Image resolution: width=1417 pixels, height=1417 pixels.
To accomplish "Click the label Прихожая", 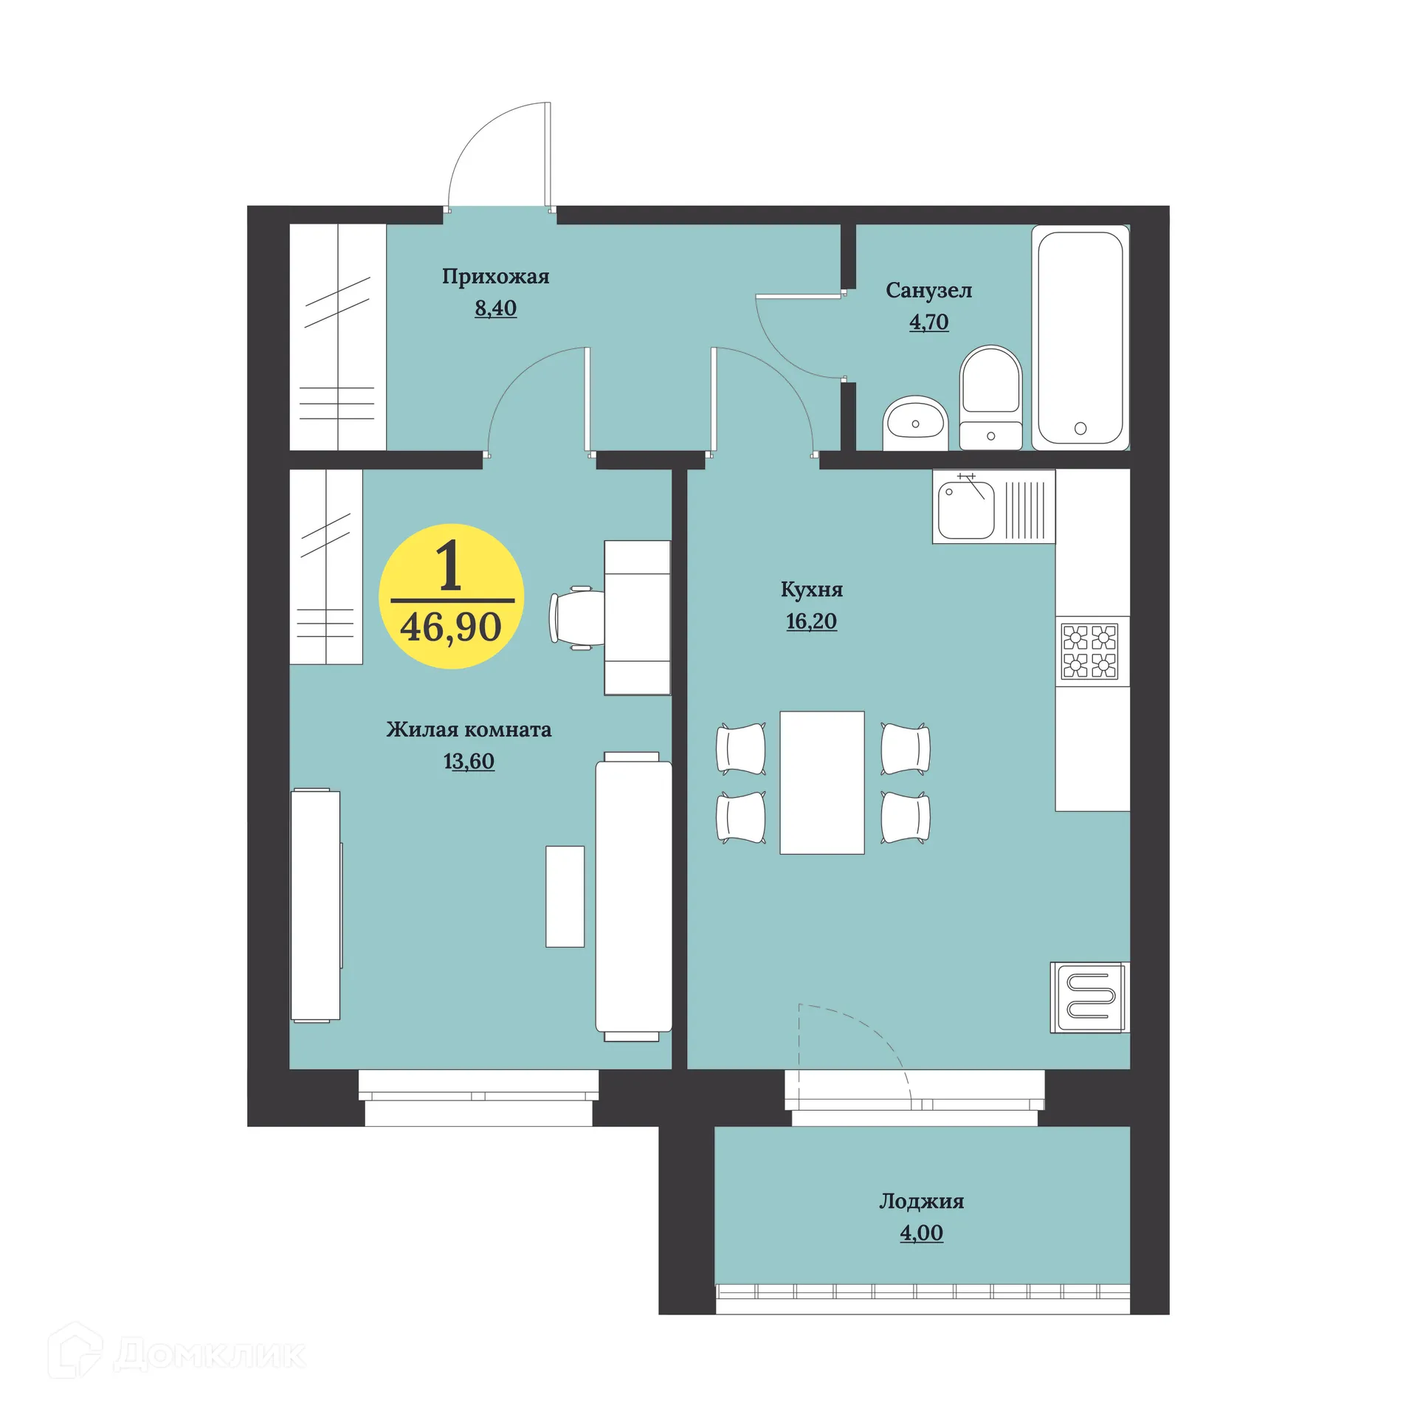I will pos(495,277).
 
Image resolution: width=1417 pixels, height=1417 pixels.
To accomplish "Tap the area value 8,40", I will pos(495,308).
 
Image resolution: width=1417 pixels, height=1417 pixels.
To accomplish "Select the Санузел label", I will pos(928,291).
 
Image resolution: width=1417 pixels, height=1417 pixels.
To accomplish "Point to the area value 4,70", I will pos(928,322).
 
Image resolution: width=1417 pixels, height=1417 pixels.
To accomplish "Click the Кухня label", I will pos(811,590).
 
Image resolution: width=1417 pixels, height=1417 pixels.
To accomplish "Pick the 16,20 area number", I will pos(811,621).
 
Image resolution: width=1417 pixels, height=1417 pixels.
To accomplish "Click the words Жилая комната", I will pos(469,730).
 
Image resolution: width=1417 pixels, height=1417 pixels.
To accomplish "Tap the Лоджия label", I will pos(921,1201).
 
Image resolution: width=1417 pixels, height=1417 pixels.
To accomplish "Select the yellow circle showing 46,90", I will pos(451,596).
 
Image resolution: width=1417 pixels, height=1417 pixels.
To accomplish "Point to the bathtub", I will pos(1080,337).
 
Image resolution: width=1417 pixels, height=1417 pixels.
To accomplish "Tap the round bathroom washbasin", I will pos(915,423).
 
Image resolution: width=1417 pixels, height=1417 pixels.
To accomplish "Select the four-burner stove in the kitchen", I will pos(1089,651).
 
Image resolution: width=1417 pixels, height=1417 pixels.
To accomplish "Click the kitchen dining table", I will pos(821,782).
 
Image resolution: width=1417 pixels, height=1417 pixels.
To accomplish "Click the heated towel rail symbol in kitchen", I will pos(1088,997).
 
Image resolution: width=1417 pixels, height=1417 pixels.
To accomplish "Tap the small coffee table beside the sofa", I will pos(565,896).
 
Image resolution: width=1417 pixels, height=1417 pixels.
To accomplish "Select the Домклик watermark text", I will pos(209,1355).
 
